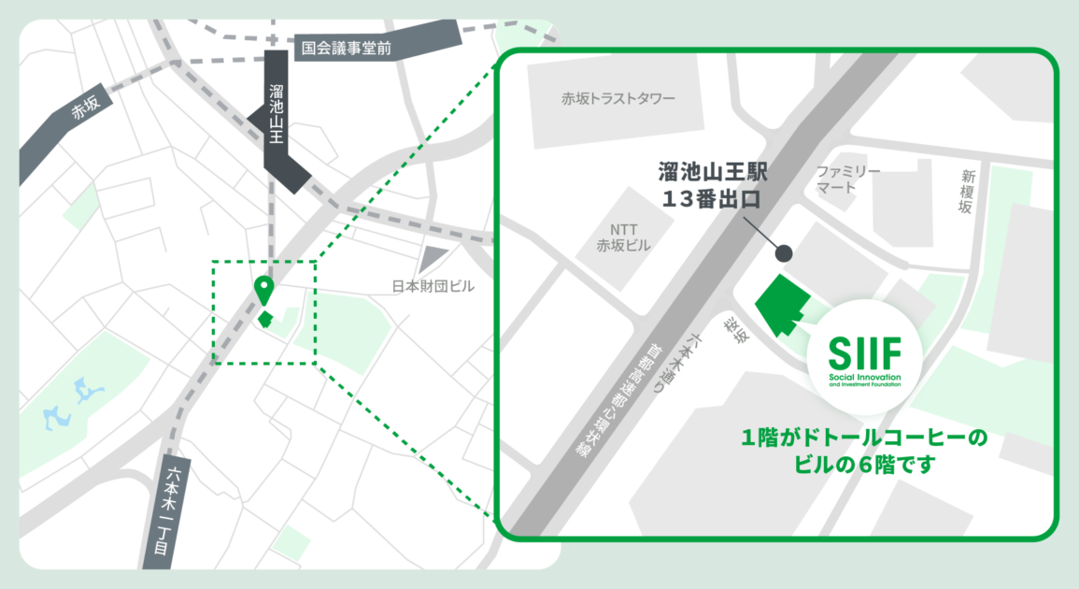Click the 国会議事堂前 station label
(341, 47)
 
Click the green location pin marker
(264, 289)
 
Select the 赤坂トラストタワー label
(618, 98)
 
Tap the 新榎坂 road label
(968, 193)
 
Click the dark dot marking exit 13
(784, 252)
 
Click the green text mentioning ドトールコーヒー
(864, 450)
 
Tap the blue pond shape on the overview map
(71, 401)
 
